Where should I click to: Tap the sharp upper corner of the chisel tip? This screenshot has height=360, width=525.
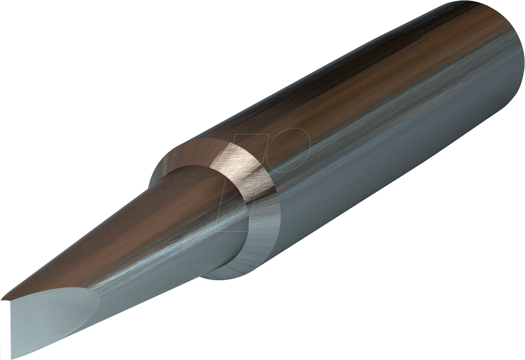pyautogui.click(x=2, y=299)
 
